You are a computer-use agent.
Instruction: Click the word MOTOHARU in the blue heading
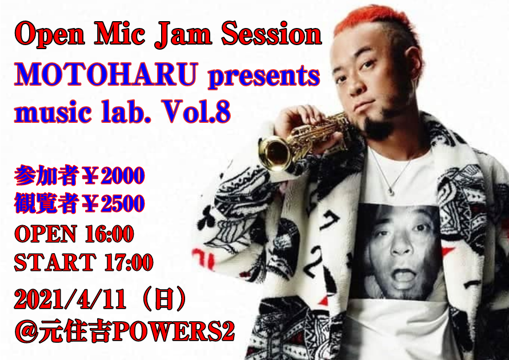(x=106, y=75)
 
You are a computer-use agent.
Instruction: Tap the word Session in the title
(x=271, y=34)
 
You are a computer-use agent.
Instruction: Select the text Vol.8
(x=197, y=111)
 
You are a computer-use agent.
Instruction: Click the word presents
(x=264, y=78)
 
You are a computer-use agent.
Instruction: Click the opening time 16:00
(x=109, y=233)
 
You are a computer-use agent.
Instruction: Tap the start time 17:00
(x=129, y=262)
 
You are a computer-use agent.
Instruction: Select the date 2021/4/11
(x=70, y=299)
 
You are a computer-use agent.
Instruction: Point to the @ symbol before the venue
(x=26, y=331)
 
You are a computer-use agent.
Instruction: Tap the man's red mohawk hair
(x=372, y=19)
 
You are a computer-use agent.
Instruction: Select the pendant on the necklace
(x=392, y=192)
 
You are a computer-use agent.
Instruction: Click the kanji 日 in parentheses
(x=164, y=299)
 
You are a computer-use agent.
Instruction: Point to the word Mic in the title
(x=119, y=34)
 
